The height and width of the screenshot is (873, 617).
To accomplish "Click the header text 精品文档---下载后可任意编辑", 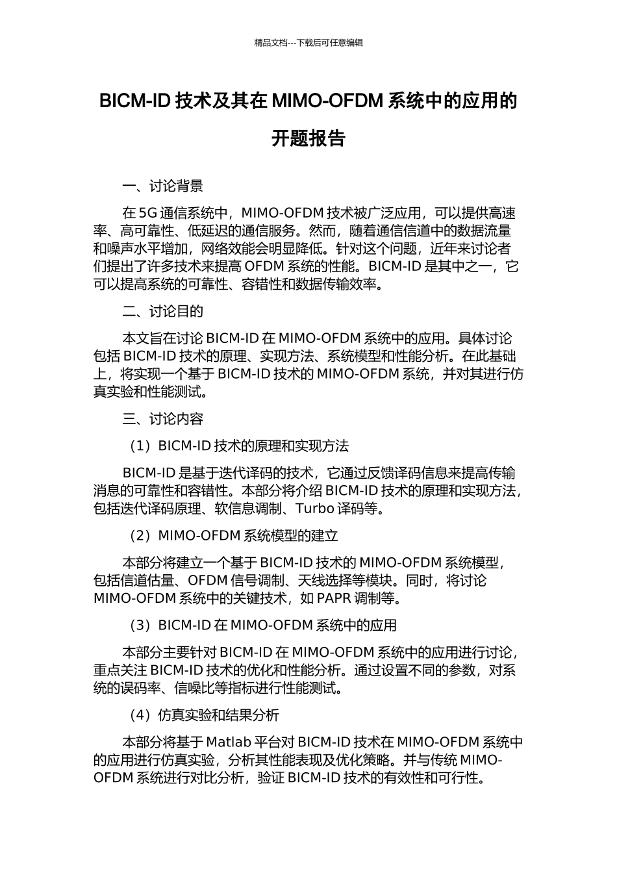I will pos(308,43).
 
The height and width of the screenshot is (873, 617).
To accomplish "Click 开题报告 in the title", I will pos(308,138).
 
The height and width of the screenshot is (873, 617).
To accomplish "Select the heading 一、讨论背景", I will pos(162,186).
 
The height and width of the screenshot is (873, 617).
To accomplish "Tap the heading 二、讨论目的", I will pos(162,312).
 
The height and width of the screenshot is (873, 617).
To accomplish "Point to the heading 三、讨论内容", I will pos(162,419).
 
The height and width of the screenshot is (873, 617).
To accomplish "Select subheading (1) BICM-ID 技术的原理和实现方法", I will pos(238,446).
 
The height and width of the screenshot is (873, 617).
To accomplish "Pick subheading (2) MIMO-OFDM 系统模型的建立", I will pos(233,536).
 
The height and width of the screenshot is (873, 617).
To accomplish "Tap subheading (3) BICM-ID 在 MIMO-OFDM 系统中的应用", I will pos(262,626).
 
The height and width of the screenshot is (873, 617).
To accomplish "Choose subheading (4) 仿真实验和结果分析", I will pos(204,715).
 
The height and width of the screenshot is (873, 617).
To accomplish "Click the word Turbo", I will pos(316,509).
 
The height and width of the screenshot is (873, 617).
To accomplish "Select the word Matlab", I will pos(228,742).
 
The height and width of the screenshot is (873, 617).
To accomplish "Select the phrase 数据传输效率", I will pos(337,285).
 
